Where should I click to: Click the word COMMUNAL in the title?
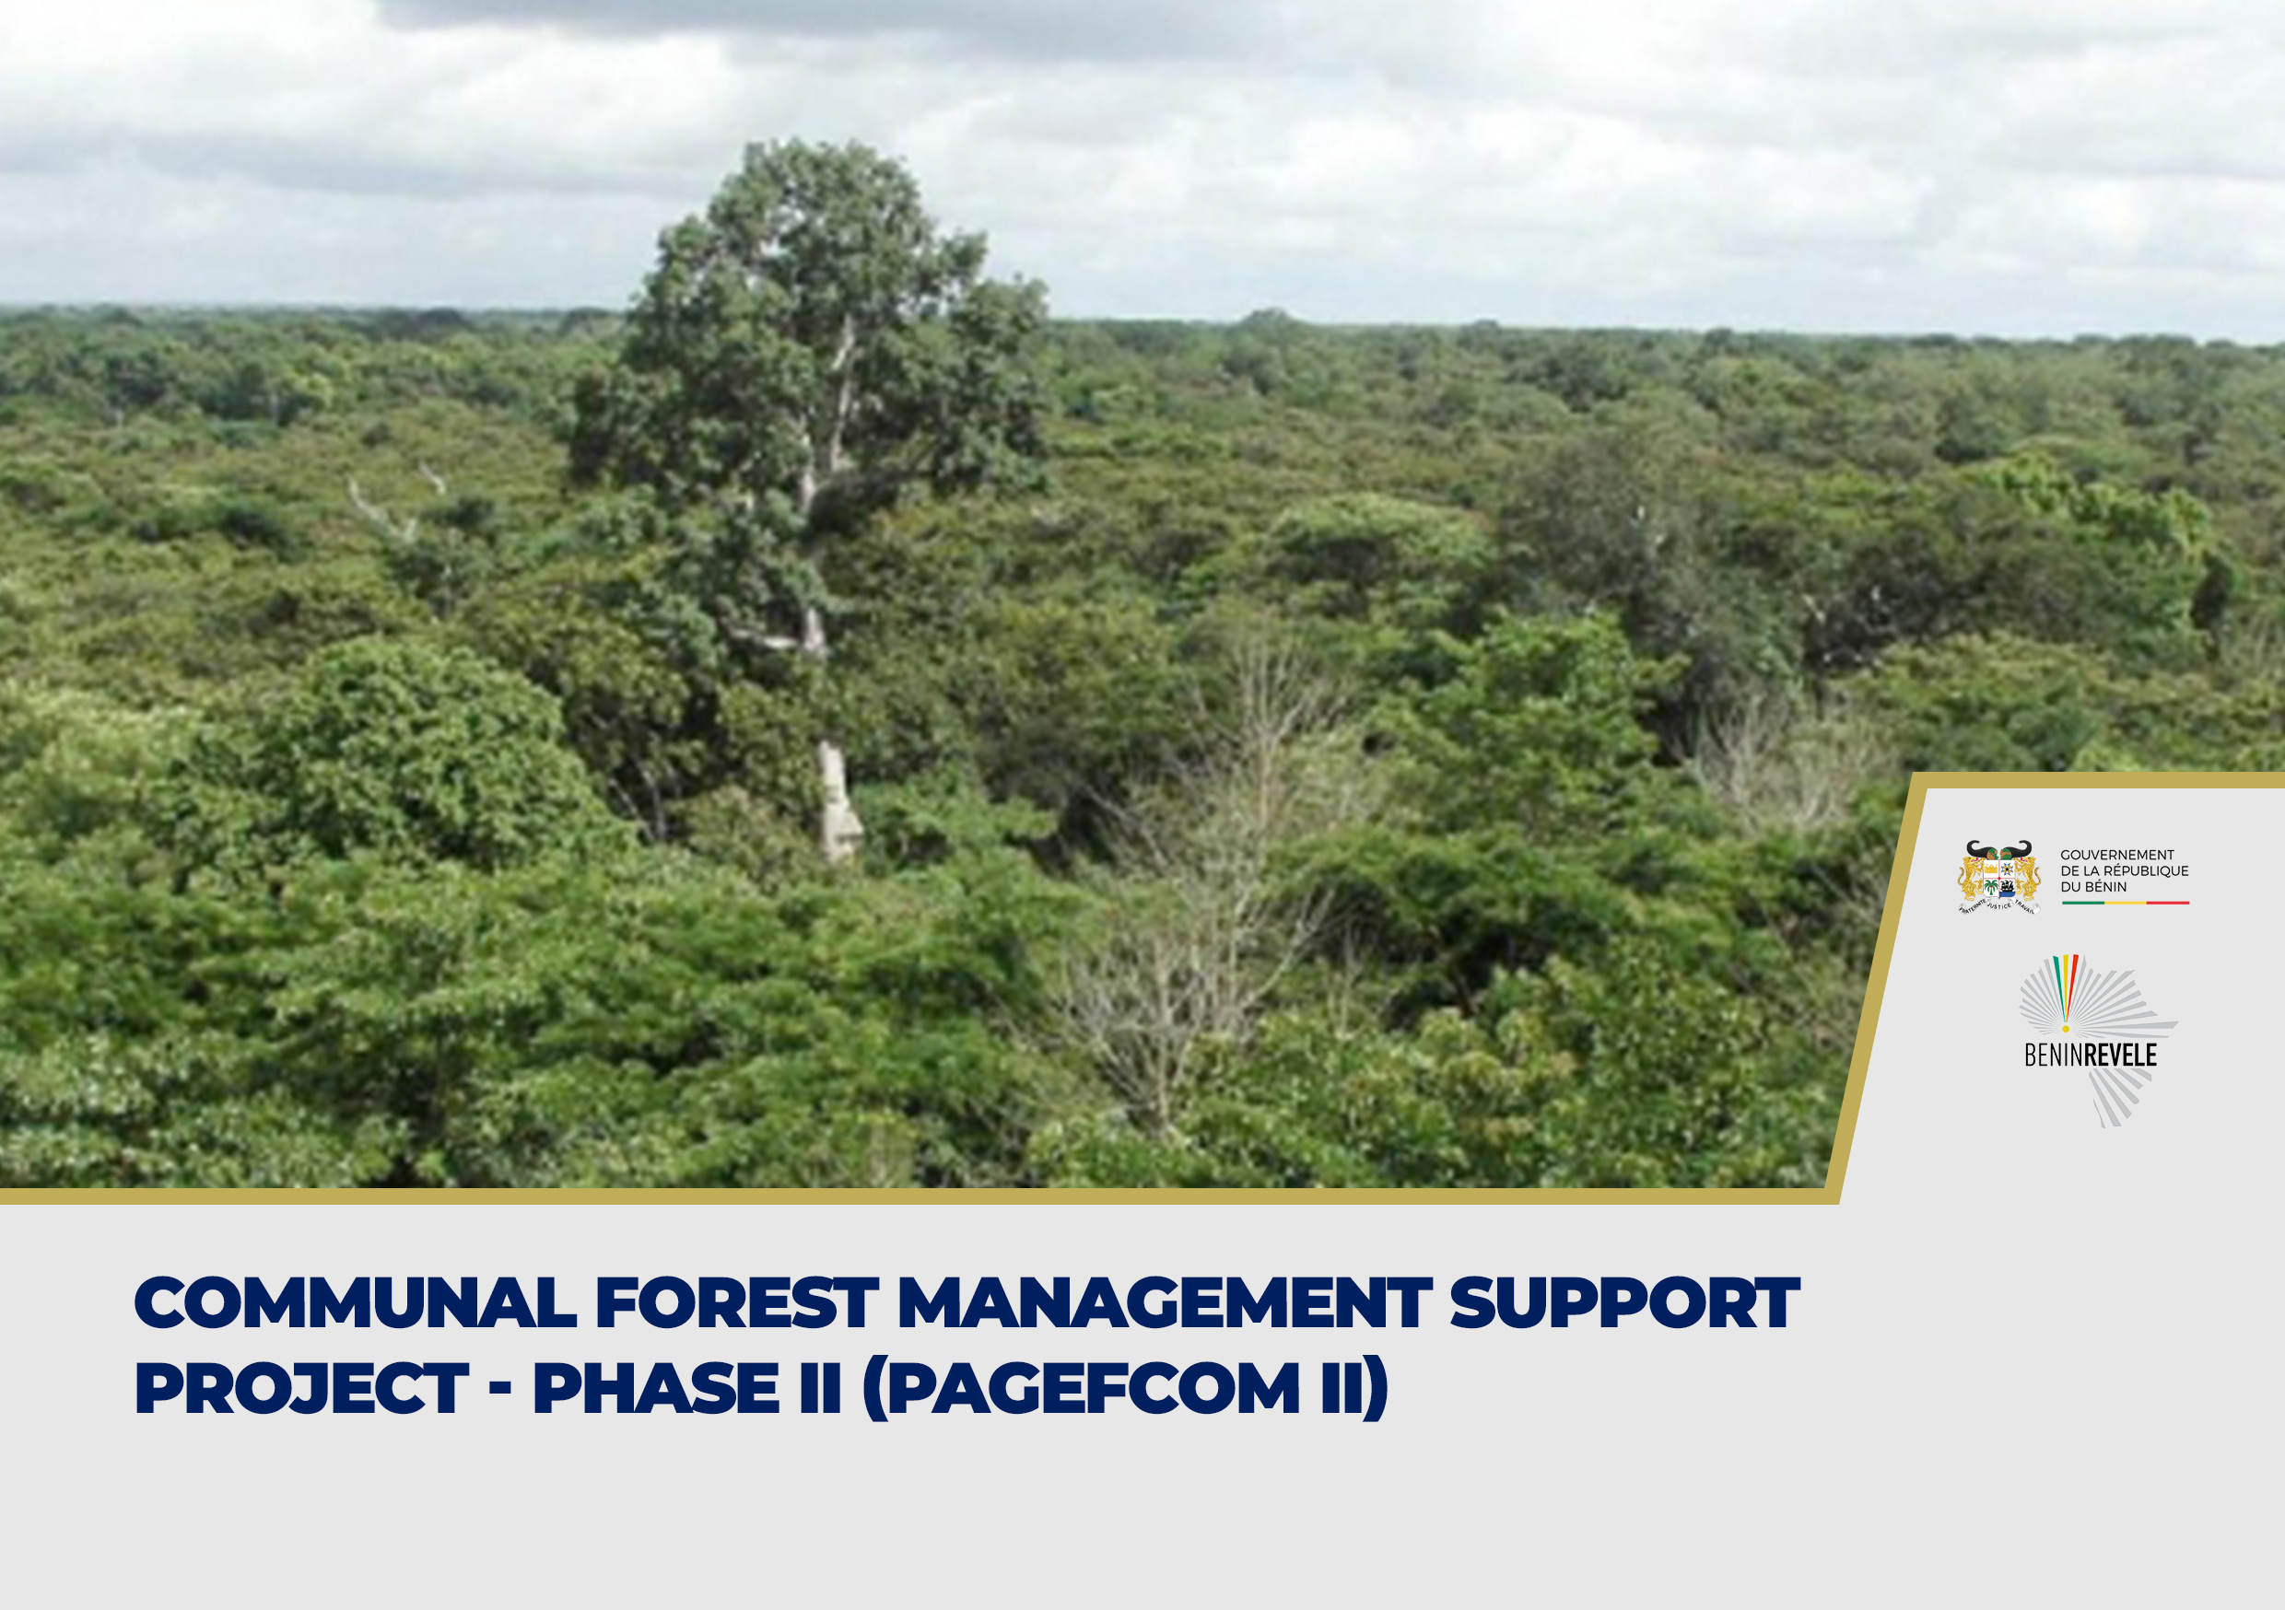[x=356, y=1302]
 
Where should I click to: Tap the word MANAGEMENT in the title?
[x=1165, y=1302]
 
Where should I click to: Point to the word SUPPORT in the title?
[x=1625, y=1302]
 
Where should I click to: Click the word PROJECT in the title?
[x=301, y=1388]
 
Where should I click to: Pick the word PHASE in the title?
[x=656, y=1388]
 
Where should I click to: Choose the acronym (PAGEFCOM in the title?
[x=1082, y=1388]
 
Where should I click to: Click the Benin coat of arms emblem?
[x=1998, y=877]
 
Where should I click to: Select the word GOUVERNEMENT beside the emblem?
[x=2116, y=855]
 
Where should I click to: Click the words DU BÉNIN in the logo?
[x=2093, y=887]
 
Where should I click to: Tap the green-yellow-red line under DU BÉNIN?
[x=2125, y=903]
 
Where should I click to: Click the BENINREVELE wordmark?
[x=2090, y=1055]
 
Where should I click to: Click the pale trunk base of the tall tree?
[x=838, y=802]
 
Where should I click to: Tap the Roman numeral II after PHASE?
[x=821, y=1388]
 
